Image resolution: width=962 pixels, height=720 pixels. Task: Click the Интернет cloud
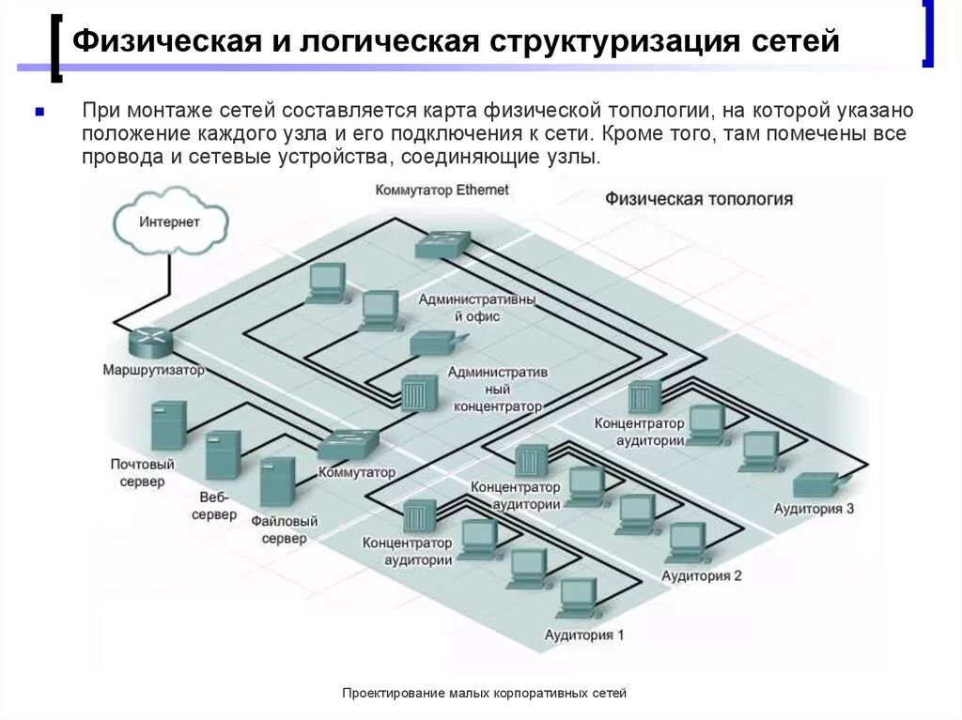click(x=170, y=222)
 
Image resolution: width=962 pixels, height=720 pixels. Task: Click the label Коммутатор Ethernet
click(x=442, y=190)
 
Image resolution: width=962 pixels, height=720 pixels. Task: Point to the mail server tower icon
click(x=168, y=424)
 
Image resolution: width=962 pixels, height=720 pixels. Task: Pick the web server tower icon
click(x=223, y=453)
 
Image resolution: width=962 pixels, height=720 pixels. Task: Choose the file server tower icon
click(x=277, y=482)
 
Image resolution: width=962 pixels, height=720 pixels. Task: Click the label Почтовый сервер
click(x=143, y=473)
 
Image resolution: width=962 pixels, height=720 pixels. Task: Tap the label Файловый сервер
click(x=284, y=529)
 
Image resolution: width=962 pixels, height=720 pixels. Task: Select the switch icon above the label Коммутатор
click(x=350, y=442)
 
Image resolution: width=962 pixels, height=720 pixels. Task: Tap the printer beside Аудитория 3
click(x=815, y=484)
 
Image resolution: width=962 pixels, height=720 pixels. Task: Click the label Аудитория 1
click(x=584, y=635)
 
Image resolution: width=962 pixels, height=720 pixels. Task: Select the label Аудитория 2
click(x=701, y=575)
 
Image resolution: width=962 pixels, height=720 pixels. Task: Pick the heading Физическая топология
click(x=698, y=199)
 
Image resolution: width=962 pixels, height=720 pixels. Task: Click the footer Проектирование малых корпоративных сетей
click(x=484, y=693)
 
